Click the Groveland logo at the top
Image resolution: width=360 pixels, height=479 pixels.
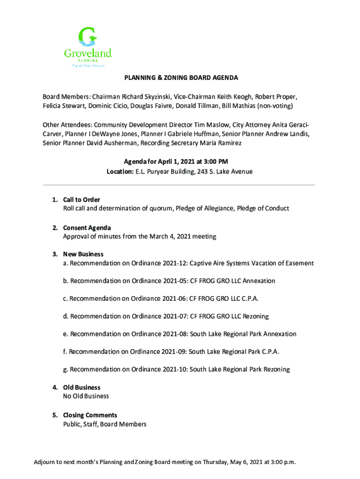(87, 47)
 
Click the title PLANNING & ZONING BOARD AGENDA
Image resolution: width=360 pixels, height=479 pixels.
(180, 78)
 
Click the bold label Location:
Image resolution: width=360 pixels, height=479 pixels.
(120, 172)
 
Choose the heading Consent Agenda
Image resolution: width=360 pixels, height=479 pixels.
(87, 228)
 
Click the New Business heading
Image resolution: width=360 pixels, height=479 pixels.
(83, 254)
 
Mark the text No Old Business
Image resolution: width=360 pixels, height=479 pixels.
(86, 396)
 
